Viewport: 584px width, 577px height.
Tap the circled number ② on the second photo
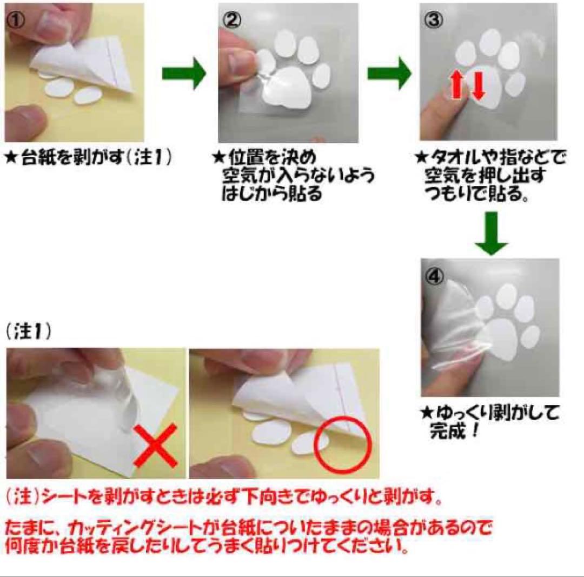231,21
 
